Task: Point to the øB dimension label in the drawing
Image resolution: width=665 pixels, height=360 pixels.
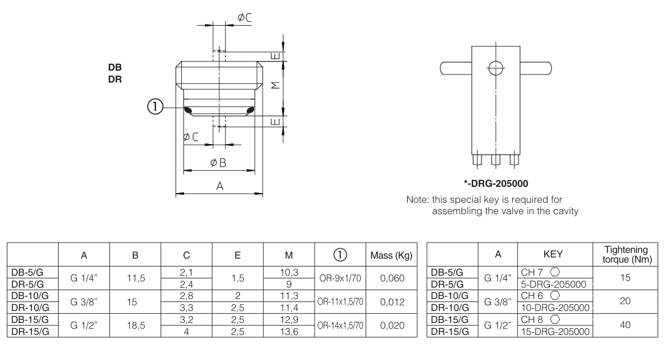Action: pos(218,163)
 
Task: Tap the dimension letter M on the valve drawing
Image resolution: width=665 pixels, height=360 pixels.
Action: pos(275,85)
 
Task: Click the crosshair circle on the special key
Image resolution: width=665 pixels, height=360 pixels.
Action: pos(496,67)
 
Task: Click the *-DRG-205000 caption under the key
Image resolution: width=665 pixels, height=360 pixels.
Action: pos(495,183)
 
